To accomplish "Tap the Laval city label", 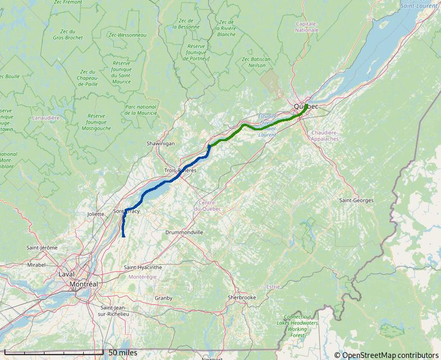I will (67, 274).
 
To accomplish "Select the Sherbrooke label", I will (242, 297).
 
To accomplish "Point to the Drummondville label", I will (185, 232).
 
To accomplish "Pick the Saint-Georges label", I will (356, 200).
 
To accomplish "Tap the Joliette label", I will (96, 213).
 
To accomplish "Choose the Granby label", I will (163, 298).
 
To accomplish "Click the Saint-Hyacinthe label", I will (143, 267).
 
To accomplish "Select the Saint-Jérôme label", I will (42, 248).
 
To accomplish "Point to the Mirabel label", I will (36, 264).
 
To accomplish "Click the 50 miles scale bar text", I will (123, 353).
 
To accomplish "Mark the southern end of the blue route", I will (124, 236).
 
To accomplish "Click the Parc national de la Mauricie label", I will (141, 110).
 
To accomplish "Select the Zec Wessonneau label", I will (128, 35).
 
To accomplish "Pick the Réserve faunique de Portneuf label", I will (196, 52).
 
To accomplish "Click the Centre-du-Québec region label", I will (207, 205).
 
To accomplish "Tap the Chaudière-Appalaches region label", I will (325, 136).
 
